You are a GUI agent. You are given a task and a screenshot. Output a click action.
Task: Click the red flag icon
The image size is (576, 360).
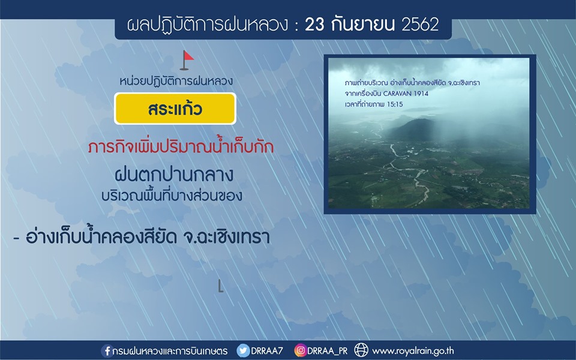tap(187, 60)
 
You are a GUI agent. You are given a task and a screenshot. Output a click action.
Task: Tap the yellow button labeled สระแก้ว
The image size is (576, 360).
tap(175, 109)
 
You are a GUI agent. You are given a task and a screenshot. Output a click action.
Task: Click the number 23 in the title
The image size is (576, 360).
tap(314, 25)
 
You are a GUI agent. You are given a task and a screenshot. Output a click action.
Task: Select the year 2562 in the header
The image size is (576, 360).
tap(420, 25)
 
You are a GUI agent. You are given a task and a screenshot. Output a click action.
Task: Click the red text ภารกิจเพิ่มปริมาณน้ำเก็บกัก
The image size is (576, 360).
tap(181, 147)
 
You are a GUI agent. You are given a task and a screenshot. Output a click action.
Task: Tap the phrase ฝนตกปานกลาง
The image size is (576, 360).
tap(174, 175)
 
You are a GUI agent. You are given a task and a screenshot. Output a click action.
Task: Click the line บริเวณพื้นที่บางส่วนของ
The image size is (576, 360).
tap(172, 195)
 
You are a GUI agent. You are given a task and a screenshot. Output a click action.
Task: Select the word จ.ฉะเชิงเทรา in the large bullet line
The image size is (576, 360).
tap(226, 237)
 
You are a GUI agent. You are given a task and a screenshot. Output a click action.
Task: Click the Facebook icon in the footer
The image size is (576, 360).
tap(107, 351)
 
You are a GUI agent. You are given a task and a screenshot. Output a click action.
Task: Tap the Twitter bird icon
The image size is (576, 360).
tap(243, 351)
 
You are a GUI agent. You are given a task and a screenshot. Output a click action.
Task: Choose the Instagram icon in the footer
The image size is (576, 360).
tap(300, 351)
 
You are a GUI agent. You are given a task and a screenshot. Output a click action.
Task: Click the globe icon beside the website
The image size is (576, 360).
tap(361, 350)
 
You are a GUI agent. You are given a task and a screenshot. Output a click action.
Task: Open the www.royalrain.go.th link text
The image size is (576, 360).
tap(413, 351)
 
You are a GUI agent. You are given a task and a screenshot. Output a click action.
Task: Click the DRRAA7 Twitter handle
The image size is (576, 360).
tap(267, 351)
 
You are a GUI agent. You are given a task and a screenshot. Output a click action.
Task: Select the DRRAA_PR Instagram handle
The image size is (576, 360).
tap(327, 352)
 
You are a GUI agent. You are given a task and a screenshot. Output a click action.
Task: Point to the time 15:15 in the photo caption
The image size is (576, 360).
tap(395, 104)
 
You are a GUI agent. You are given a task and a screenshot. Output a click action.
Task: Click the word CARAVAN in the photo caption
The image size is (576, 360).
tap(398, 94)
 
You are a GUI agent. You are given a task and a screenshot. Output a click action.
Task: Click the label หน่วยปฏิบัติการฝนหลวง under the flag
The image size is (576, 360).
tap(176, 81)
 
